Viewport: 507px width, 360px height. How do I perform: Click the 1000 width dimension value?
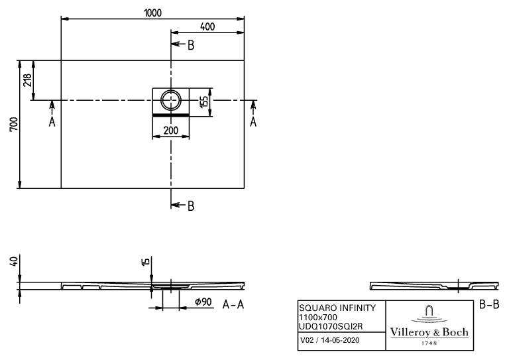152,13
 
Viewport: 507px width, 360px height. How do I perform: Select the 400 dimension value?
207,27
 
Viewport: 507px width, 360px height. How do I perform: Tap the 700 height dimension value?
14,124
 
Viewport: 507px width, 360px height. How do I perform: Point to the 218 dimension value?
27,80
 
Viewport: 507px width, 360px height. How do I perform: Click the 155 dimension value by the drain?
204,102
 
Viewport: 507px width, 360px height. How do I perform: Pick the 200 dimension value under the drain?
171,131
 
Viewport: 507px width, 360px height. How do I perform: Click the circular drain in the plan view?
171,100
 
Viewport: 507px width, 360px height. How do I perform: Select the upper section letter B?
191,45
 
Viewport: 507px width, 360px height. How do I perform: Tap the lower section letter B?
191,206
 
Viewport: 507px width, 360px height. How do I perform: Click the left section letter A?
52,122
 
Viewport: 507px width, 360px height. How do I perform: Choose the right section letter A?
253,122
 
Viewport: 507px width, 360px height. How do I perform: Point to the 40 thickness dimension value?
13,262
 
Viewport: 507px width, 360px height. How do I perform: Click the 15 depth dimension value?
146,262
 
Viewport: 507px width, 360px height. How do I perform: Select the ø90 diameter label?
203,302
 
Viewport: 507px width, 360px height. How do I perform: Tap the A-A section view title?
233,304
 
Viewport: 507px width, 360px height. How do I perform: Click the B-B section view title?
489,304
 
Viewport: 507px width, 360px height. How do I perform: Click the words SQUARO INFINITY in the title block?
337,308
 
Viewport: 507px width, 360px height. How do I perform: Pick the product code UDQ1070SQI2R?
331,327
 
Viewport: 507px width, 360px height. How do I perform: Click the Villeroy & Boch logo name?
429,332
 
